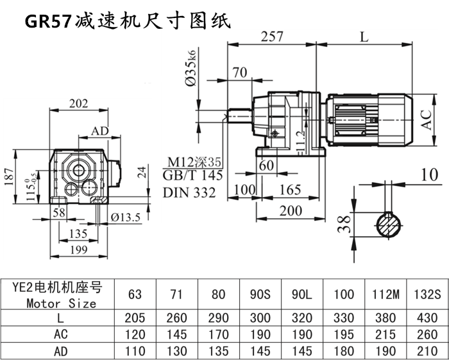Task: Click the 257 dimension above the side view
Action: click(x=272, y=37)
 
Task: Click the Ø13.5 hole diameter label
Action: click(x=125, y=218)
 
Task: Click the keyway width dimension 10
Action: click(x=429, y=173)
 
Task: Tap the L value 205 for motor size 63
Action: click(x=135, y=318)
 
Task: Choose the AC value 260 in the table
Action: click(x=427, y=334)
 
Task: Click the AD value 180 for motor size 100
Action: click(x=344, y=351)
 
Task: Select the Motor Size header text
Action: click(x=62, y=303)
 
